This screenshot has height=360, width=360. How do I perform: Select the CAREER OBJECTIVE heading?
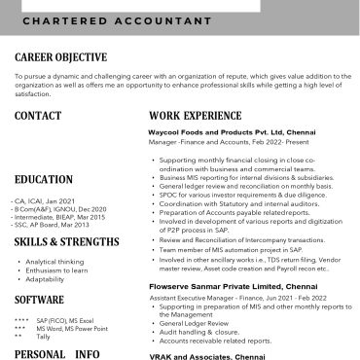pyautogui.click(x=60, y=58)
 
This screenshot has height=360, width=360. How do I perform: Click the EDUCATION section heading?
pyautogui.click(x=45, y=179)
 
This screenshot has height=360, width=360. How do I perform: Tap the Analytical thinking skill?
pyautogui.click(x=54, y=262)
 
